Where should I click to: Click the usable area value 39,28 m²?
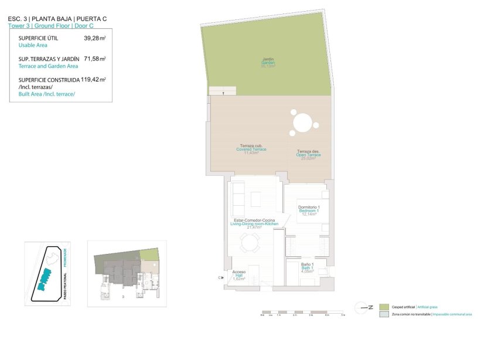(94, 38)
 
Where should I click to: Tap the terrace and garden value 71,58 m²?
(94, 59)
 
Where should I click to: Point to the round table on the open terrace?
(303, 124)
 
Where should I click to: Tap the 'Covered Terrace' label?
(251, 149)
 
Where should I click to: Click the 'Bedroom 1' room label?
(309, 210)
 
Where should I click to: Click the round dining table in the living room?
(251, 242)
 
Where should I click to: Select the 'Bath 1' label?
(308, 267)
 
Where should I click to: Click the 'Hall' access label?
(239, 275)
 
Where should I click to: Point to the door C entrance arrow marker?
(221, 277)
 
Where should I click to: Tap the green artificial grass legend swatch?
(384, 307)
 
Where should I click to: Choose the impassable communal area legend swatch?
(384, 314)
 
